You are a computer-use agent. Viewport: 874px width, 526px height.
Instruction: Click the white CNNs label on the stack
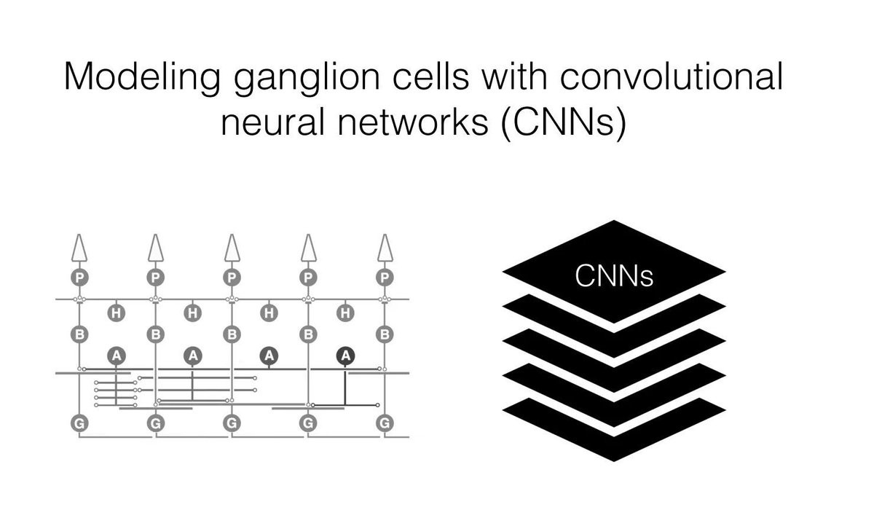pyautogui.click(x=614, y=275)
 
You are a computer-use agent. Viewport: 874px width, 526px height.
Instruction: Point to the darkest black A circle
pyautogui.click(x=346, y=356)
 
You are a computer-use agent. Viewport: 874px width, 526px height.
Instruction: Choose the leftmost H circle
pyautogui.click(x=116, y=313)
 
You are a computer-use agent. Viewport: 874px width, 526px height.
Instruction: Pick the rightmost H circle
pyautogui.click(x=346, y=313)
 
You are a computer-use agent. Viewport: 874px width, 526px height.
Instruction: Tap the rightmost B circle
pyautogui.click(x=385, y=335)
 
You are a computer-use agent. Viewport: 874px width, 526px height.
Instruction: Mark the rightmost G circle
pyautogui.click(x=385, y=422)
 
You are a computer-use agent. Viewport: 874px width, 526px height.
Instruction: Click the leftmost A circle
pyautogui.click(x=116, y=356)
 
